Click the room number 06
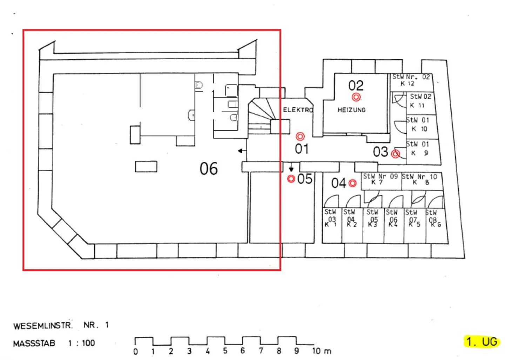(209, 169)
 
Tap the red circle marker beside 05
(291, 179)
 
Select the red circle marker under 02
(356, 97)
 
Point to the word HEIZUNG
(351, 110)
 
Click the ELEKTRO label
(298, 110)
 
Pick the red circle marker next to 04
(352, 183)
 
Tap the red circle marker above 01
(300, 136)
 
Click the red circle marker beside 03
(396, 154)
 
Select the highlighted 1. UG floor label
(482, 341)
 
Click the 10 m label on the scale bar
(321, 351)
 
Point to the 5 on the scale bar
(225, 351)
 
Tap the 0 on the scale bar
(135, 351)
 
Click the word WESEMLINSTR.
(43, 326)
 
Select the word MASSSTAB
(34, 343)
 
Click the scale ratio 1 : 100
(82, 343)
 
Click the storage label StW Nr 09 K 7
(380, 179)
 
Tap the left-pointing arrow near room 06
(241, 151)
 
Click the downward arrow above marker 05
(291, 169)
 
